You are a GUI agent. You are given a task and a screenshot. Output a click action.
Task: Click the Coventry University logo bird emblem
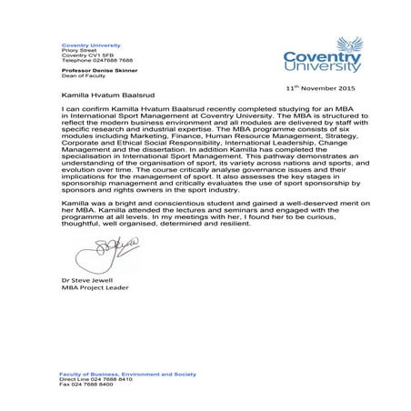click(x=350, y=45)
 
